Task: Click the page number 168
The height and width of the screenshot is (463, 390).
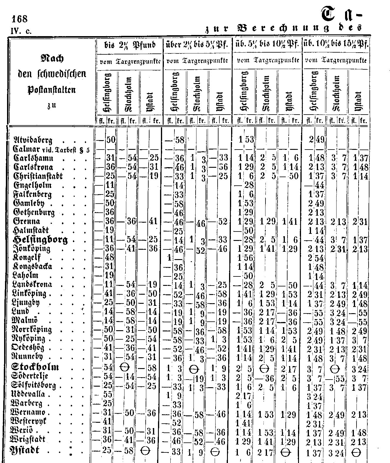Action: [x=19, y=19]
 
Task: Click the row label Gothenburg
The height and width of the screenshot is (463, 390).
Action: [x=34, y=212]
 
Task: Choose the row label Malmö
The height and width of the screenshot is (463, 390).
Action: [x=25, y=320]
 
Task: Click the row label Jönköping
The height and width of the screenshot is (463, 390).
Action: [x=32, y=249]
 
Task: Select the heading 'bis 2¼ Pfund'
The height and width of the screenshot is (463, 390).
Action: [x=130, y=46]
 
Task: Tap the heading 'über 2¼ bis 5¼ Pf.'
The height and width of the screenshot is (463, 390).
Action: [x=197, y=46]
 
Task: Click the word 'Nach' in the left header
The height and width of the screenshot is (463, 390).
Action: [x=51, y=59]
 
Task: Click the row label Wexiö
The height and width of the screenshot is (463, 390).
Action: [x=25, y=431]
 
